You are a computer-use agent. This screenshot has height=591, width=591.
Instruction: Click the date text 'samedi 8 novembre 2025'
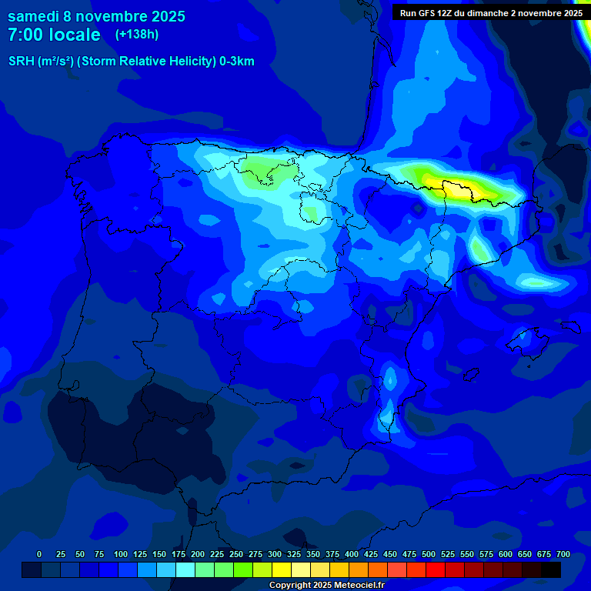(x=96, y=16)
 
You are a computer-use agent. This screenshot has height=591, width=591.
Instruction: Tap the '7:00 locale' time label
(x=54, y=35)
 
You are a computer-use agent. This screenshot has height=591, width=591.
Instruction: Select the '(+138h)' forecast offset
(x=137, y=35)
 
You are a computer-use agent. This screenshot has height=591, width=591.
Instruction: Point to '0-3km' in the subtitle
(x=237, y=62)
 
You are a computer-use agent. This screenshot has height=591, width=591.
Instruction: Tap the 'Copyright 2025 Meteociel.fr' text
(x=326, y=586)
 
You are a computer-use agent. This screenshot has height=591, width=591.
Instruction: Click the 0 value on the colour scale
(x=39, y=555)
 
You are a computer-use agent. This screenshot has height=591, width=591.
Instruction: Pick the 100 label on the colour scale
(x=120, y=555)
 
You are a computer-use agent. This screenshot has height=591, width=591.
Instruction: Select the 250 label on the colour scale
(x=236, y=555)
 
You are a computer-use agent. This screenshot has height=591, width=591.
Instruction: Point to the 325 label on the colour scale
(x=294, y=555)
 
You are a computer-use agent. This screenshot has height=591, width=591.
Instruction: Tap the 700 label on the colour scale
(x=563, y=555)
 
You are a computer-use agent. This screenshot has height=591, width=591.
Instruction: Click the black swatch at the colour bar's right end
(x=551, y=570)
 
